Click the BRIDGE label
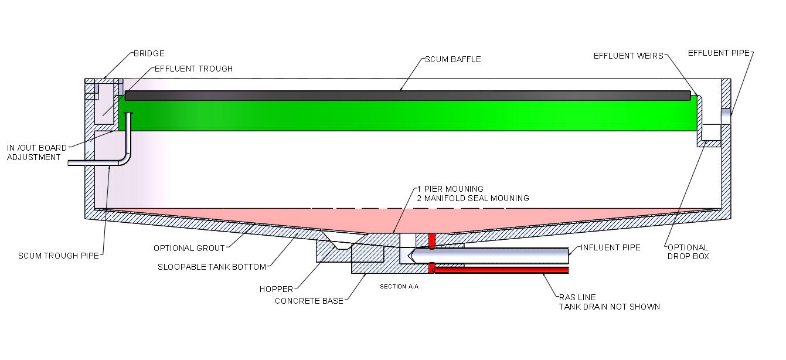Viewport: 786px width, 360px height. pos(149,53)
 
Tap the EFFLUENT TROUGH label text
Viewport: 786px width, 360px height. pos(193,69)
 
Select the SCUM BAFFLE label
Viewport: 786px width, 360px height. pos(453,60)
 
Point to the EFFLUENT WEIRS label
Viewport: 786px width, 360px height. pos(628,56)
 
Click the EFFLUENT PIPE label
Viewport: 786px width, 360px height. pos(719,53)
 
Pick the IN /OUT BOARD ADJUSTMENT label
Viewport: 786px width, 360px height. pos(35,152)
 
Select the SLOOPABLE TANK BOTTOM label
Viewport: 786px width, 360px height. pos(212,267)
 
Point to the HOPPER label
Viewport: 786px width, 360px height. pos(276,289)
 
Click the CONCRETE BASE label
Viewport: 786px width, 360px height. pos(309,301)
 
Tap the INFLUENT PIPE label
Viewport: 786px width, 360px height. pos(610,247)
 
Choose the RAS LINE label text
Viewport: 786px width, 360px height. pos(577,297)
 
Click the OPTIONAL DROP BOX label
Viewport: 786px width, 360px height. pos(687,252)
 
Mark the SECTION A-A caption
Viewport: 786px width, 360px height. pos(399,287)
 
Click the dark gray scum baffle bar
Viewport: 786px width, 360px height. pos(407,96)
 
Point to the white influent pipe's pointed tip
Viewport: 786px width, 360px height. pos(413,256)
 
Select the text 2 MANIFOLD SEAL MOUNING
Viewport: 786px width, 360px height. pos(472,198)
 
